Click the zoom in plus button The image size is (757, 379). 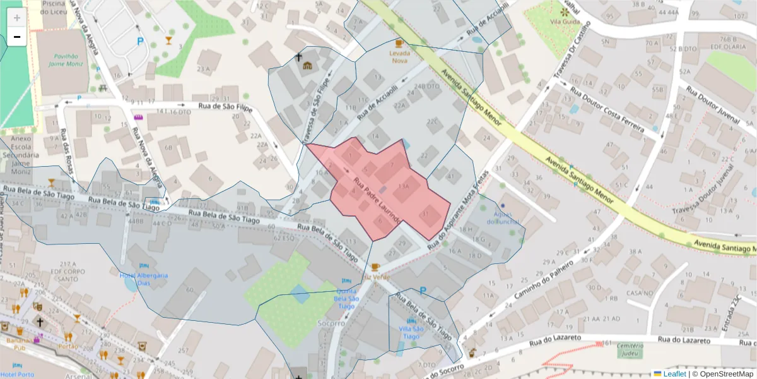click(17, 18)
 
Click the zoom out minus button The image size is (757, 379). click(17, 37)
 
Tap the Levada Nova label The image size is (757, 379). click(398, 57)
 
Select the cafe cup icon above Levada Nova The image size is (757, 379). click(398, 43)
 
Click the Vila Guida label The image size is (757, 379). click(565, 21)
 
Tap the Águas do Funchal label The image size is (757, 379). click(503, 217)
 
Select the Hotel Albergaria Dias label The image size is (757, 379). click(144, 279)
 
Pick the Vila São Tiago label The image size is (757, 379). click(410, 332)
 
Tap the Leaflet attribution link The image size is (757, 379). click(676, 374)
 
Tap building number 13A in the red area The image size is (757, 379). click(404, 186)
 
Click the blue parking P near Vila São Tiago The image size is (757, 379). click(423, 291)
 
